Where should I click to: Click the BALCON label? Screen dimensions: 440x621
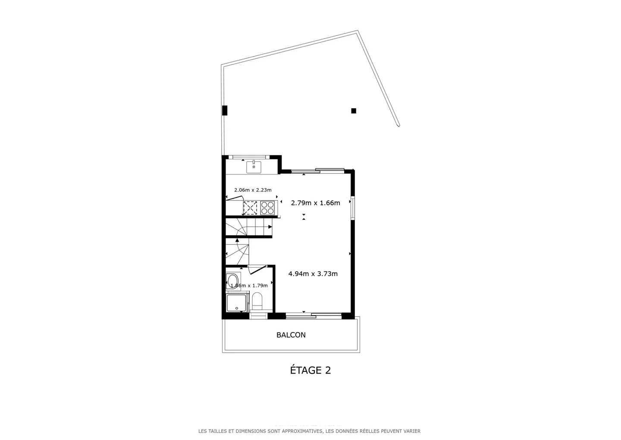pyautogui.click(x=291, y=335)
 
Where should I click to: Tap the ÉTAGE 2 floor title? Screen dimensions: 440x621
pyautogui.click(x=310, y=370)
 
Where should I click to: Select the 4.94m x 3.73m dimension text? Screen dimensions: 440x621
pyautogui.click(x=313, y=274)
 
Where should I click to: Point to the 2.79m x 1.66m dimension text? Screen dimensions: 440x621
pyautogui.click(x=315, y=203)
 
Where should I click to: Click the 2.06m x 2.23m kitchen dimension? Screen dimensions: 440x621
pyautogui.click(x=253, y=190)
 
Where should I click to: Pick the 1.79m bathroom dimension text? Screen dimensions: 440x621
pyautogui.click(x=249, y=285)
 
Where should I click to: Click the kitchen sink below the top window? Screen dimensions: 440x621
pyautogui.click(x=254, y=167)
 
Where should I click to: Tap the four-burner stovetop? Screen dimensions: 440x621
pyautogui.click(x=267, y=208)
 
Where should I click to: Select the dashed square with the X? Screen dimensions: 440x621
pyautogui.click(x=250, y=208)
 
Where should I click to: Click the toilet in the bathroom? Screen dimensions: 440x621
pyautogui.click(x=257, y=301)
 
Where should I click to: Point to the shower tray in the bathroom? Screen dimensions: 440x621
pyautogui.click(x=236, y=303)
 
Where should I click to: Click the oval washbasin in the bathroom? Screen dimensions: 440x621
pyautogui.click(x=232, y=281)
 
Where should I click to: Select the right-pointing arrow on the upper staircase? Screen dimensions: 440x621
pyautogui.click(x=270, y=227)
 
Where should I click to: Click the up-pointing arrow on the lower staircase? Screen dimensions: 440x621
pyautogui.click(x=237, y=240)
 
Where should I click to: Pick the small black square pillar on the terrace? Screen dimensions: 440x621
pyautogui.click(x=354, y=111)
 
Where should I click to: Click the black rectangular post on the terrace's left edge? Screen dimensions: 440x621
pyautogui.click(x=224, y=111)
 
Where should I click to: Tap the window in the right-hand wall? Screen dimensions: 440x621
pyautogui.click(x=352, y=208)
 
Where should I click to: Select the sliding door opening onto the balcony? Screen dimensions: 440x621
pyautogui.click(x=314, y=316)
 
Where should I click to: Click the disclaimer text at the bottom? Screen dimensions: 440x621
pyautogui.click(x=309, y=431)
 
